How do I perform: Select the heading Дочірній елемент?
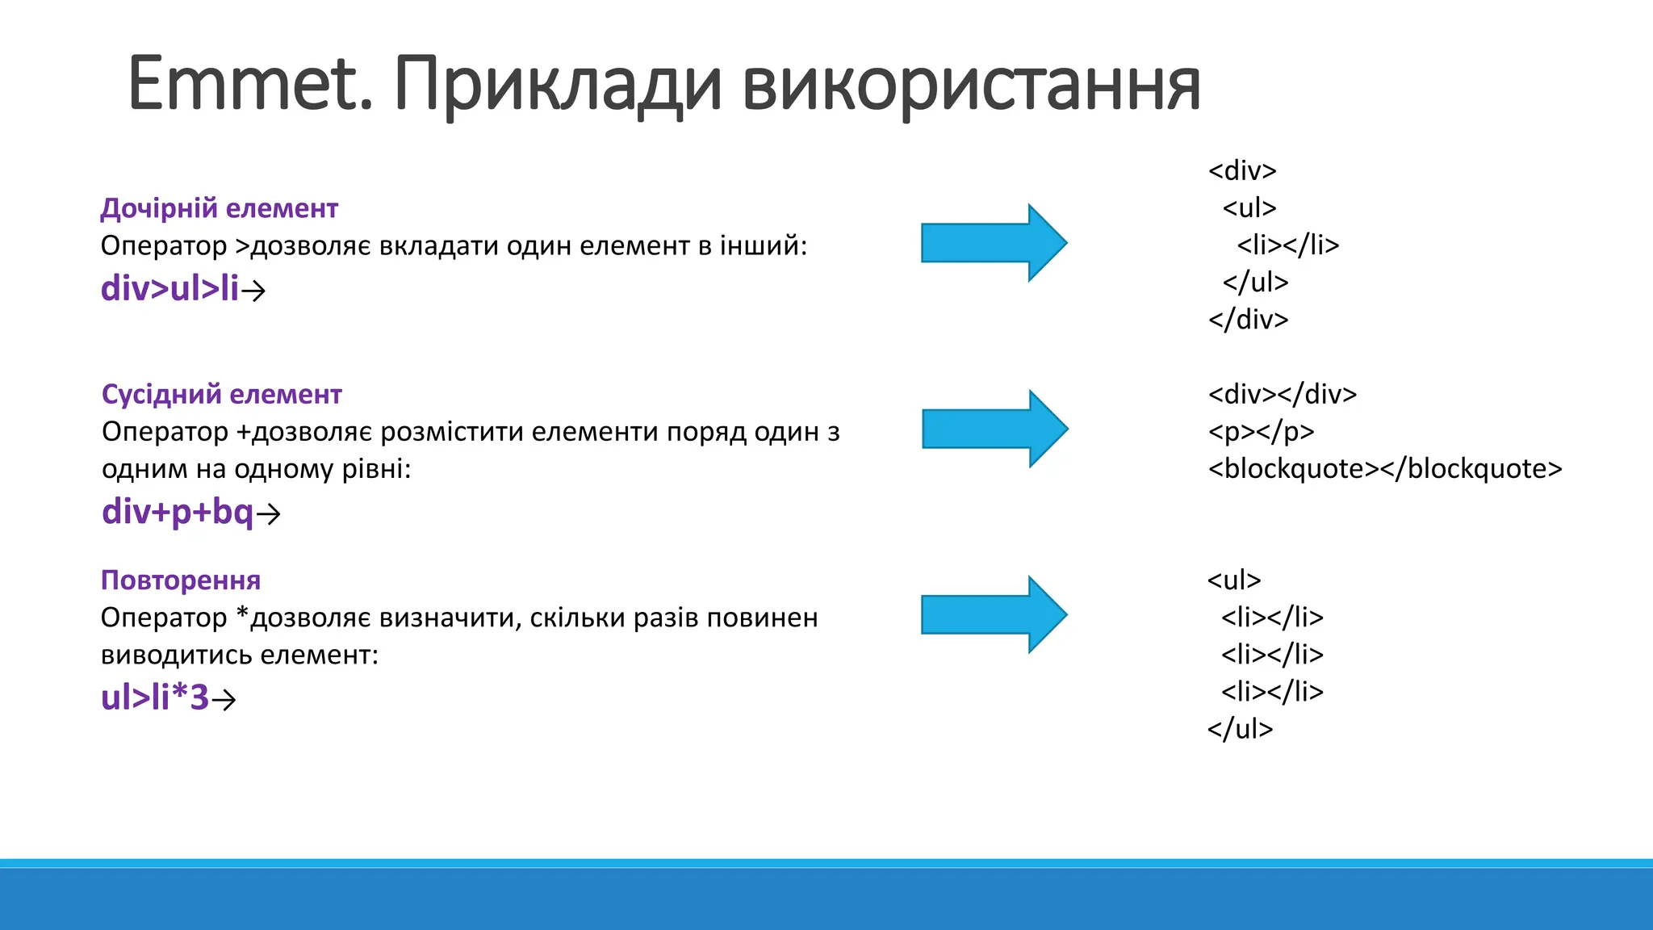click(x=219, y=208)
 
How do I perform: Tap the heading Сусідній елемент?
click(x=221, y=394)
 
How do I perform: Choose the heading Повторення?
click(x=181, y=580)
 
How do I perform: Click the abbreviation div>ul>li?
click(x=169, y=289)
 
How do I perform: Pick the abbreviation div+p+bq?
click(x=178, y=512)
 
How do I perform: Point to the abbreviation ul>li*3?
click(x=155, y=697)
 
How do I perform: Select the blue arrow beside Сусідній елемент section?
click(x=994, y=429)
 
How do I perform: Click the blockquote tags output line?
click(x=1385, y=469)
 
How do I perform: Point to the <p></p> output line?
click(x=1261, y=432)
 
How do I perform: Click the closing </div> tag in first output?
click(x=1248, y=320)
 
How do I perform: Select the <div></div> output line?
click(x=1282, y=395)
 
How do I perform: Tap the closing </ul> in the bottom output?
click(x=1240, y=729)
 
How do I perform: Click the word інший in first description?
click(x=763, y=245)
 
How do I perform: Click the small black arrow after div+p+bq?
click(x=269, y=513)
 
